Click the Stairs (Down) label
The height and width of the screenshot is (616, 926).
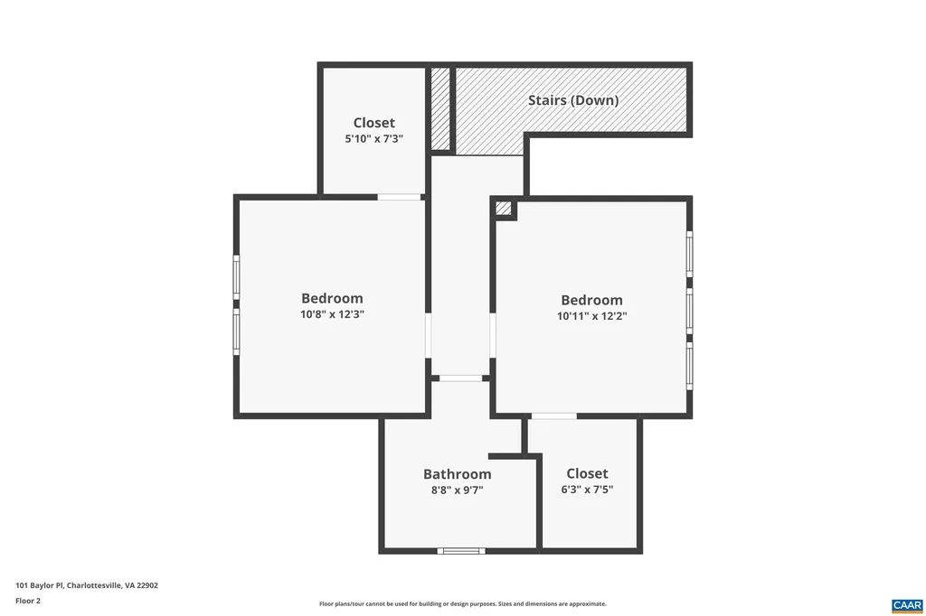pyautogui.click(x=573, y=100)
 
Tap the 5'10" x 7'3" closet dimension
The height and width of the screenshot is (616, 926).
pyautogui.click(x=373, y=139)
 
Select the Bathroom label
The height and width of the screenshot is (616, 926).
pyautogui.click(x=457, y=474)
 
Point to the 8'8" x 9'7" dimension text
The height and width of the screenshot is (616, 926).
pyautogui.click(x=457, y=490)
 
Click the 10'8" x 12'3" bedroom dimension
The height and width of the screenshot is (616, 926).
pyautogui.click(x=332, y=314)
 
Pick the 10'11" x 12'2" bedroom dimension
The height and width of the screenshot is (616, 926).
pyautogui.click(x=591, y=316)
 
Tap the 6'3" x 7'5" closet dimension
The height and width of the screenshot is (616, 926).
pyautogui.click(x=587, y=490)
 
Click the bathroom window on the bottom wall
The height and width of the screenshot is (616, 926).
pyautogui.click(x=461, y=550)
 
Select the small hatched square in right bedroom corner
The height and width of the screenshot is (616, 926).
pyautogui.click(x=504, y=209)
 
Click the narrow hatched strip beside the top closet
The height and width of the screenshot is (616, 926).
pyautogui.click(x=440, y=108)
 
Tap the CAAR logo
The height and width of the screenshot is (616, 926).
pyautogui.click(x=906, y=604)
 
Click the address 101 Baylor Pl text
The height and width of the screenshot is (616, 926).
pyautogui.click(x=87, y=585)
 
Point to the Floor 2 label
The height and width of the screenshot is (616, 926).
pyautogui.click(x=28, y=600)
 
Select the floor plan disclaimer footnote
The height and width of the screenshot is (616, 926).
pyautogui.click(x=462, y=604)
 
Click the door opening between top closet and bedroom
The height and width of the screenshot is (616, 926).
pyautogui.click(x=399, y=196)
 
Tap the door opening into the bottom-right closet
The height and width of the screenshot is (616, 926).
pyautogui.click(x=553, y=415)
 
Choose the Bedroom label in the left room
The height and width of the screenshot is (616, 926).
pyautogui.click(x=332, y=298)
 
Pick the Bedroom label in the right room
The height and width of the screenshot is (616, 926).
pyautogui.click(x=591, y=300)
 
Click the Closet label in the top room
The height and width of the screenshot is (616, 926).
pyautogui.click(x=373, y=123)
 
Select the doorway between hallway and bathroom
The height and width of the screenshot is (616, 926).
pyautogui.click(x=460, y=378)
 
